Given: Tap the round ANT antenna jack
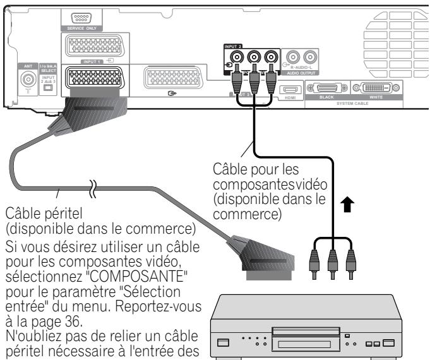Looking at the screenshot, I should (28, 80).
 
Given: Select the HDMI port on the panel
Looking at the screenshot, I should (289, 90).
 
